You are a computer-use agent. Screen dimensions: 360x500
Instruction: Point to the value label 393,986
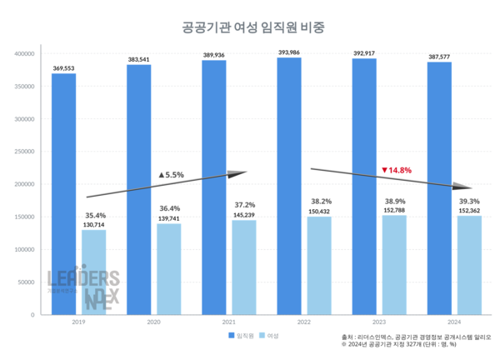(288, 52)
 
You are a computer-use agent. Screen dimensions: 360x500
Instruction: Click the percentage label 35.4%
(94, 214)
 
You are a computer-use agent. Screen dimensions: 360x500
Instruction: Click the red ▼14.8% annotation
(397, 170)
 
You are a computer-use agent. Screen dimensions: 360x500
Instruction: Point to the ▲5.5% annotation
(170, 175)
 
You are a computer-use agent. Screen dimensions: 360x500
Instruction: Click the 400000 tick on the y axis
(22, 54)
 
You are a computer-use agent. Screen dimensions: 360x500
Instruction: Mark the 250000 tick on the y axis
(22, 152)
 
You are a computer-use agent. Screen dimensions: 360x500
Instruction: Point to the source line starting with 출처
(417, 335)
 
